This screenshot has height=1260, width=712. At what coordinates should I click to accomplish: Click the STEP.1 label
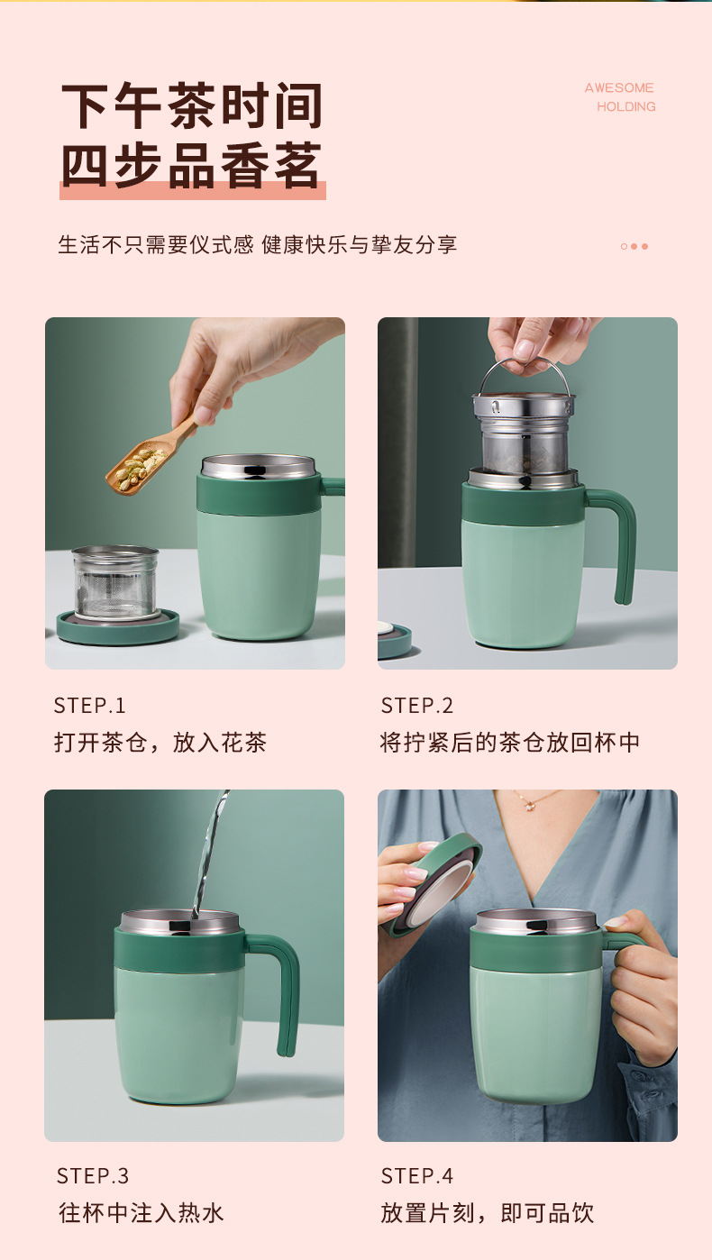point(89,706)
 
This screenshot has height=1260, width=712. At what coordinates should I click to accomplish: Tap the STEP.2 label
point(416,706)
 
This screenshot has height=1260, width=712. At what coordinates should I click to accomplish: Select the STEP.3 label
point(92,1175)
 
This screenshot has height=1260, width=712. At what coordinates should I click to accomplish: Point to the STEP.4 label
point(416,1175)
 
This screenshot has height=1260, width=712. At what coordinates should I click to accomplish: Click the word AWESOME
point(618,87)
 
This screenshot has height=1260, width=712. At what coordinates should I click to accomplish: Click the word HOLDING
point(626,106)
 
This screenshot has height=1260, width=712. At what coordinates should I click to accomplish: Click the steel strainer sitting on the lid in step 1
point(115,582)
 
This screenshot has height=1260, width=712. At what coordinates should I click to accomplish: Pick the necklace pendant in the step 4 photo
point(529,806)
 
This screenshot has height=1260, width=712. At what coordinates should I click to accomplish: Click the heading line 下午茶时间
point(192,105)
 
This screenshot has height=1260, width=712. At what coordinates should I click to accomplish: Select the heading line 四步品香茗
point(192,165)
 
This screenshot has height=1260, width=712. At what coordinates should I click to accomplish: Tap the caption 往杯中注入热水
point(141,1213)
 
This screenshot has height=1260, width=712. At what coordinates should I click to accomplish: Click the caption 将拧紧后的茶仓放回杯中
point(510,743)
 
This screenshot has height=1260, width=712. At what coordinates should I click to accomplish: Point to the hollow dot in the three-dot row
point(624,246)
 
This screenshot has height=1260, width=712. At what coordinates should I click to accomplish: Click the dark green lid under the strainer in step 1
point(117,628)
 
